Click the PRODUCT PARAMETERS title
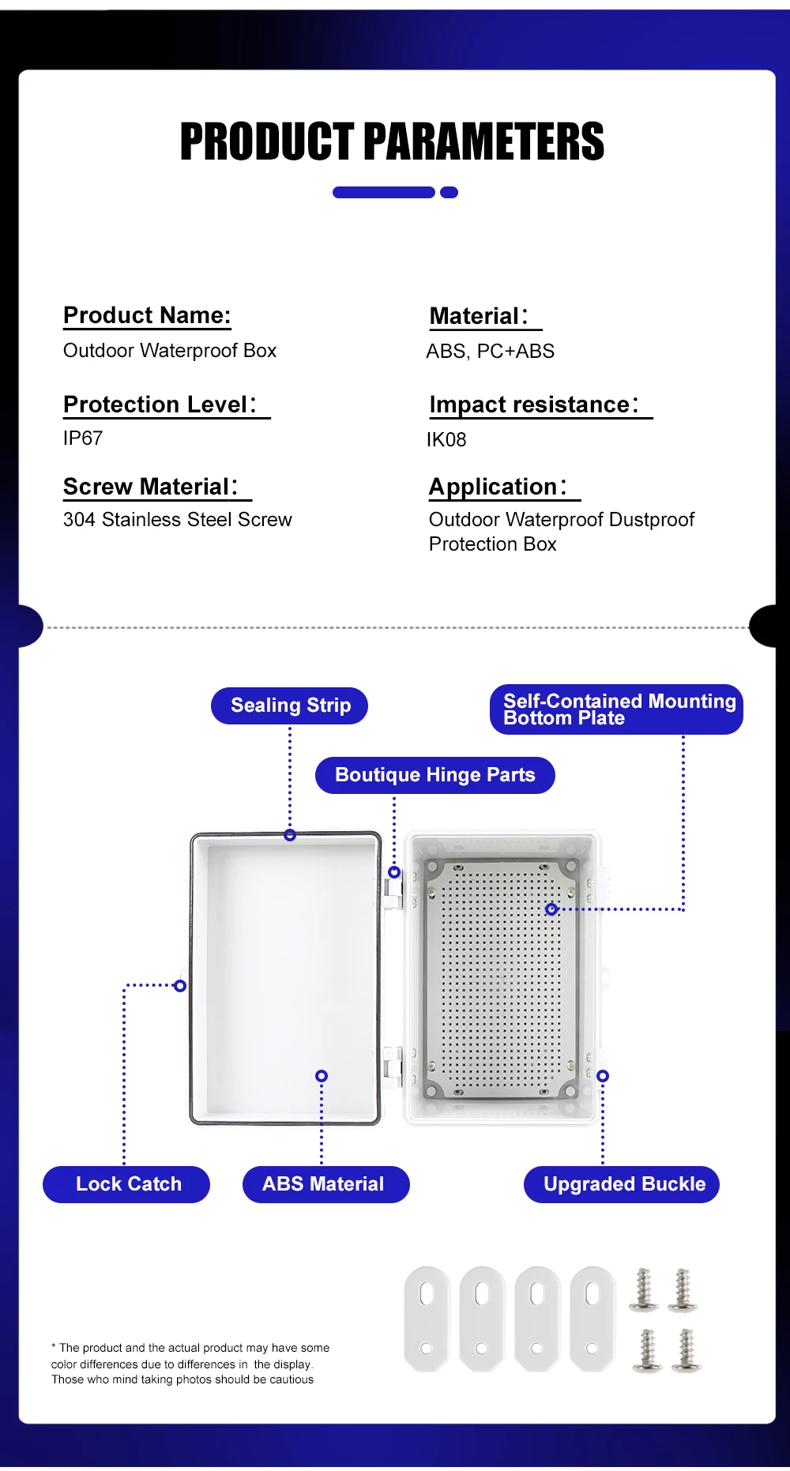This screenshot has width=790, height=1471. [x=392, y=142]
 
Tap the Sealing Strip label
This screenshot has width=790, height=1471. [x=290, y=705]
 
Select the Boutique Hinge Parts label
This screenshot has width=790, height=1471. [x=434, y=775]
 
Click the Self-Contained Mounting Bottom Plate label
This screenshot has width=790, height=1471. [x=616, y=709]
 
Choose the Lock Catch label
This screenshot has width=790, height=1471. [x=126, y=1184]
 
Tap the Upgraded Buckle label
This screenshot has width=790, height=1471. [x=622, y=1184]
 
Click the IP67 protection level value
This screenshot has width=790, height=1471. [x=83, y=438]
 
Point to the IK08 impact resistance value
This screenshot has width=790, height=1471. [x=446, y=440]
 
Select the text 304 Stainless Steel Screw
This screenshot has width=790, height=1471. [x=178, y=520]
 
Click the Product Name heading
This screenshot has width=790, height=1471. [x=147, y=315]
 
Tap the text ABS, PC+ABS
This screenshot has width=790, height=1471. [x=490, y=352]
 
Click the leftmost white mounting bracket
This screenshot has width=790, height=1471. [x=427, y=1318]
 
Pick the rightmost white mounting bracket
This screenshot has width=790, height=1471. [x=592, y=1318]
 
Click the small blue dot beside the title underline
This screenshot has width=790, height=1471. [x=449, y=193]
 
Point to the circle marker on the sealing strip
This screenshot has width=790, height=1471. [x=290, y=835]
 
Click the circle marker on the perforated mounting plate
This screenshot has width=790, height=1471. [x=551, y=909]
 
